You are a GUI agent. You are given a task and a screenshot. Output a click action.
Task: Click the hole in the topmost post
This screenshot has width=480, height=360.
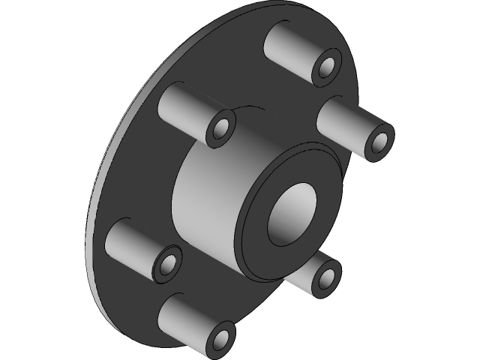tap(328, 67)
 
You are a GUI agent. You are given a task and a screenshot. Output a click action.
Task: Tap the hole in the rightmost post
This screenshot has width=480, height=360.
tap(378, 140)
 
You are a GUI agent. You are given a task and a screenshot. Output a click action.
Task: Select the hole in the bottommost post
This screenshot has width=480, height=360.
tap(222, 337)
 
